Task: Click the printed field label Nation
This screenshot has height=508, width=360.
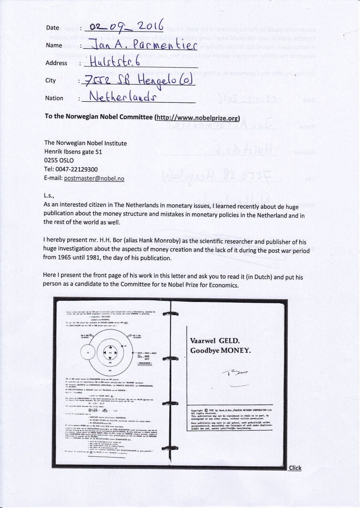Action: (x=54, y=98)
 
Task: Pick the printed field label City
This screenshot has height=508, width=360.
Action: (x=50, y=80)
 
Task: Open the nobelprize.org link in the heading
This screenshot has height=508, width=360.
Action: (x=197, y=118)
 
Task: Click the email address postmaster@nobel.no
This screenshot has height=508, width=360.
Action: (x=94, y=178)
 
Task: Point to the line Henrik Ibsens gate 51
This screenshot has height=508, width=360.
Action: (x=74, y=152)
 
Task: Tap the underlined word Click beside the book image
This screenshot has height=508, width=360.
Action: (x=295, y=468)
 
